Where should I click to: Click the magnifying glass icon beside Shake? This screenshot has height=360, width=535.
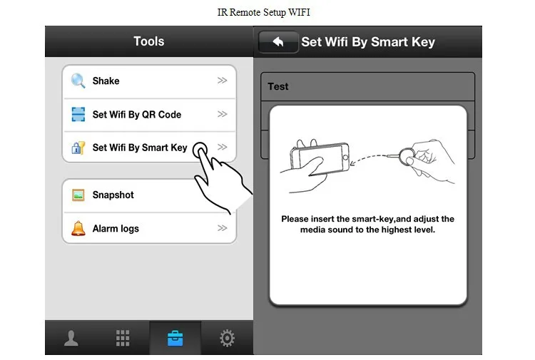[x=78, y=81]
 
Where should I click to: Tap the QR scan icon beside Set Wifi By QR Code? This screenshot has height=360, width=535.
[x=78, y=114]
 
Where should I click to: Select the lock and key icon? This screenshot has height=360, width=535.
[x=78, y=148]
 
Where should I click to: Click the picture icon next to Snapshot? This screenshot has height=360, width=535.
[x=78, y=195]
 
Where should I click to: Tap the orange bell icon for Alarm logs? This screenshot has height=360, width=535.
[x=78, y=228]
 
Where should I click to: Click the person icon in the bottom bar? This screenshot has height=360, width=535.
[x=71, y=338]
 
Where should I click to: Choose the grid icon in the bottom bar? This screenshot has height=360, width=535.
[x=123, y=338]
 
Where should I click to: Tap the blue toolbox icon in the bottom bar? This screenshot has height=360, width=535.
[x=175, y=338]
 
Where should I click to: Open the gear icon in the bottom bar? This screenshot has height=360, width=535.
[x=227, y=338]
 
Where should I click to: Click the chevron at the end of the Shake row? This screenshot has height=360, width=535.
[x=222, y=81]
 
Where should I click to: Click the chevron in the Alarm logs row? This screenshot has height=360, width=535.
[x=222, y=227]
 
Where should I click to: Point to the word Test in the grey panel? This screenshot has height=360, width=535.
[x=278, y=86]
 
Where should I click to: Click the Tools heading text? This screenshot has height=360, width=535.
[x=149, y=41]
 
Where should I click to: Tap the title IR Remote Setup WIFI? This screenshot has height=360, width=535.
[x=264, y=12]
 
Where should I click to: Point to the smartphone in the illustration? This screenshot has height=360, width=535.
[x=320, y=158]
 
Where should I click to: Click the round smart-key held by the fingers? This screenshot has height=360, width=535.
[x=406, y=157]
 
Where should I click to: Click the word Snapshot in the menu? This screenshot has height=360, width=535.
[x=113, y=195]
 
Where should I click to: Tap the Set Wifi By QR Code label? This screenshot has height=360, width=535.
[x=137, y=115]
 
